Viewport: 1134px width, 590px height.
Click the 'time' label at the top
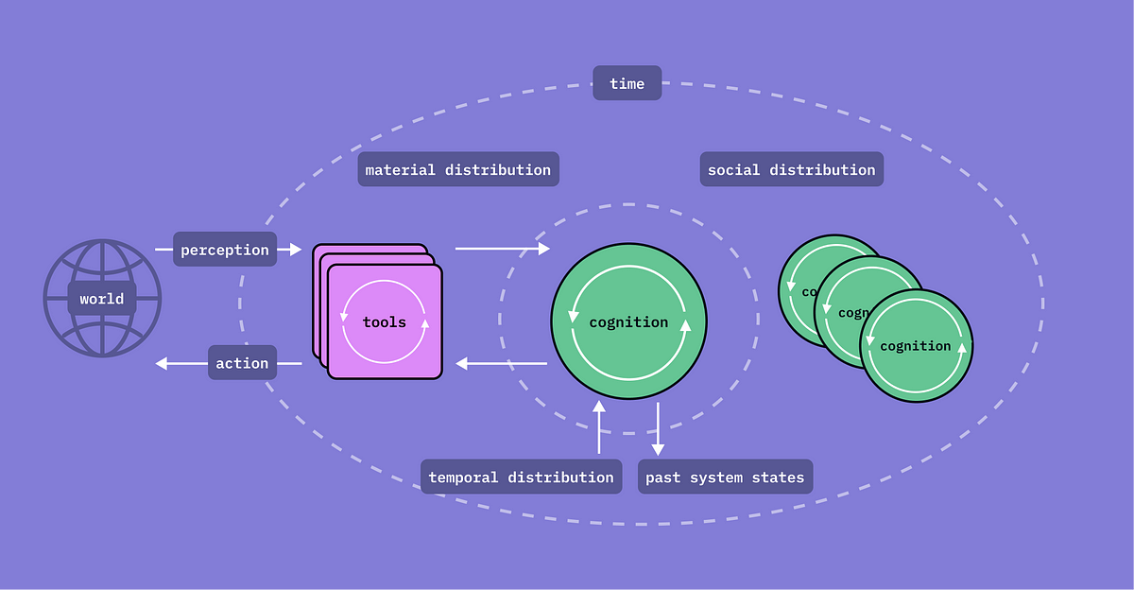[x=627, y=83]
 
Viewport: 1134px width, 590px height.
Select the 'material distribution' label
[x=458, y=169]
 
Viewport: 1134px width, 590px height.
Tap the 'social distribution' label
[x=791, y=169]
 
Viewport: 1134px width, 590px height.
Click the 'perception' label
[x=225, y=250]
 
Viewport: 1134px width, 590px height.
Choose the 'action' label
[x=242, y=363]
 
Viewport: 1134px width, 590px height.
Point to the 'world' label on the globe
[x=102, y=299]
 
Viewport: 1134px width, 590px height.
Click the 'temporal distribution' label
[x=521, y=477]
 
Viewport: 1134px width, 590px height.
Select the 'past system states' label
[x=725, y=477]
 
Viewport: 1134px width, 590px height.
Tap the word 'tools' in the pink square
[x=385, y=322]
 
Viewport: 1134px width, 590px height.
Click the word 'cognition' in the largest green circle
[x=628, y=322]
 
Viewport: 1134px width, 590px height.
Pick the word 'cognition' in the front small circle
[x=915, y=346]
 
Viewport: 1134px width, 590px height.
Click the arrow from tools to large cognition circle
[x=502, y=249]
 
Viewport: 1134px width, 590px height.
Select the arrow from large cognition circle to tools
[x=502, y=363]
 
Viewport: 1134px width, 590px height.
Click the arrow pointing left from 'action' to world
[x=180, y=363]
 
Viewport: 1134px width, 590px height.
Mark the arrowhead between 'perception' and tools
[x=294, y=250]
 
